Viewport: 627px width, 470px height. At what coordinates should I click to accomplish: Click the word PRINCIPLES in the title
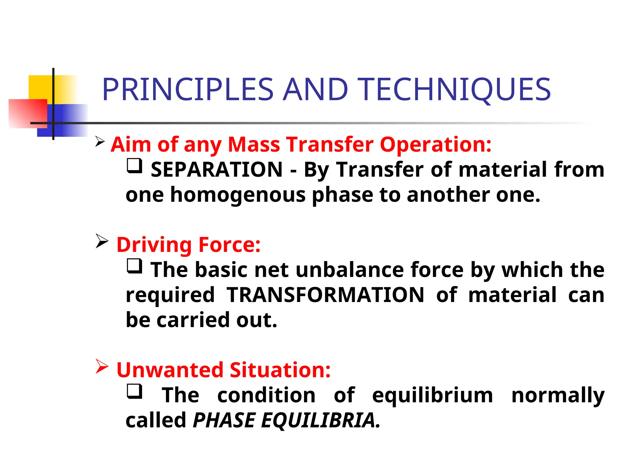pos(187,89)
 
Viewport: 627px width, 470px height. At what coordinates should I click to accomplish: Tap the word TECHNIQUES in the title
pos(454,89)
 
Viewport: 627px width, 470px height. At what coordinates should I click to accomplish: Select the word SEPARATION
pos(217,170)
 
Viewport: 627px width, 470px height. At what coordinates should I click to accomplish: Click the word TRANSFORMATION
pos(325,295)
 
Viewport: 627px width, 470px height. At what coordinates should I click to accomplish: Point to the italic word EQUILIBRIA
pos(318,420)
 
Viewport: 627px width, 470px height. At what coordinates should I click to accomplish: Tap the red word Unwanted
pos(170,370)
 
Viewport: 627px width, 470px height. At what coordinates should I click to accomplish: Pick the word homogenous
pos(238,195)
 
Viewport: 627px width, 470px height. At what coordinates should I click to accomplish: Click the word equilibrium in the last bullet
pos(432,395)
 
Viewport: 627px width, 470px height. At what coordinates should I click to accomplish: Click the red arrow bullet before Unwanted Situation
pos(102,366)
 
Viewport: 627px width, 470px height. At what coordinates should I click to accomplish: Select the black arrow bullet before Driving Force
pos(102,241)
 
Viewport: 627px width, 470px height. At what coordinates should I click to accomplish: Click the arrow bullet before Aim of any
pos(100,141)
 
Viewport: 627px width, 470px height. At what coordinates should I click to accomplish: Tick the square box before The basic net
pos(134,266)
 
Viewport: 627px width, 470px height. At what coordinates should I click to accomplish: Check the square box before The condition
pos(134,391)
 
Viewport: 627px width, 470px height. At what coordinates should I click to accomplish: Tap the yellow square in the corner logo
pos(40,87)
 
